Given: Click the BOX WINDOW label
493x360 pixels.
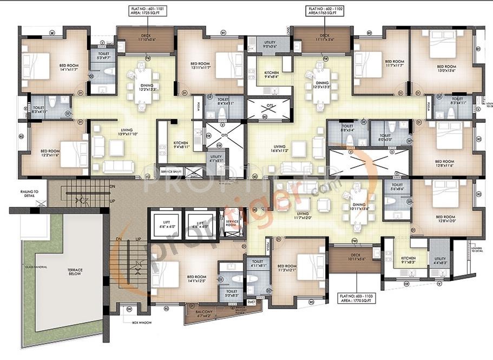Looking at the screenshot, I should tap(143, 323).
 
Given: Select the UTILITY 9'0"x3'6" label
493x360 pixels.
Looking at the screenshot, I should tap(269, 44).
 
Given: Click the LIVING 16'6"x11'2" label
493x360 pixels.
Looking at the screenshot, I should tap(280, 148).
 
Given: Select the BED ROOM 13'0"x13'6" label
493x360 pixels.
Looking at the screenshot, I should tap(446, 68).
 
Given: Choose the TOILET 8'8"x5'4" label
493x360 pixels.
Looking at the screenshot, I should tap(347, 129).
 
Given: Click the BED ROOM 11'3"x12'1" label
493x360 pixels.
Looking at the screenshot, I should tap(287, 268).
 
